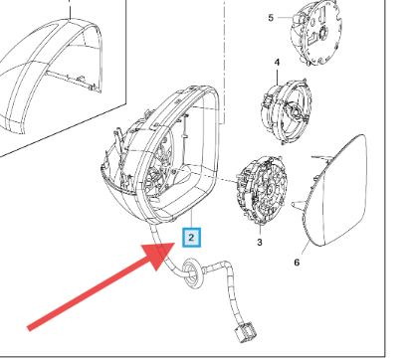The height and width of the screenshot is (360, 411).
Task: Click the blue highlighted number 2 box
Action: pyautogui.click(x=191, y=238)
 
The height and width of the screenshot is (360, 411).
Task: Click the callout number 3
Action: pyautogui.click(x=260, y=243)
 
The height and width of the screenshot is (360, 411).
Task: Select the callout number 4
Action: pyautogui.click(x=277, y=63)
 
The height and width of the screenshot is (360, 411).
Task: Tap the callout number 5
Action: pyautogui.click(x=271, y=18)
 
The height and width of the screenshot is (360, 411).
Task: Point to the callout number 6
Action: pyautogui.click(x=297, y=263)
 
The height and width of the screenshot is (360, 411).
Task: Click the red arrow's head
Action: pyautogui.click(x=159, y=255)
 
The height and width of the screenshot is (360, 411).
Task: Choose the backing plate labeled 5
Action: pyautogui.click(x=315, y=32)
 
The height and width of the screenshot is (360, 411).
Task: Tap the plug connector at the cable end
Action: pyautogui.click(x=246, y=332)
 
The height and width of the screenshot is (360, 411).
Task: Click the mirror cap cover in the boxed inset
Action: pyautogui.click(x=50, y=77)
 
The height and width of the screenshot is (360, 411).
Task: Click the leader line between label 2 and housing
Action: pyautogui.click(x=191, y=219)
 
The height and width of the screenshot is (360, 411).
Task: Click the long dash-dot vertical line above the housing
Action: pyautogui.click(x=225, y=62)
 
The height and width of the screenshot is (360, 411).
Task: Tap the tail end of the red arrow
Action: pyautogui.click(x=29, y=328)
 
